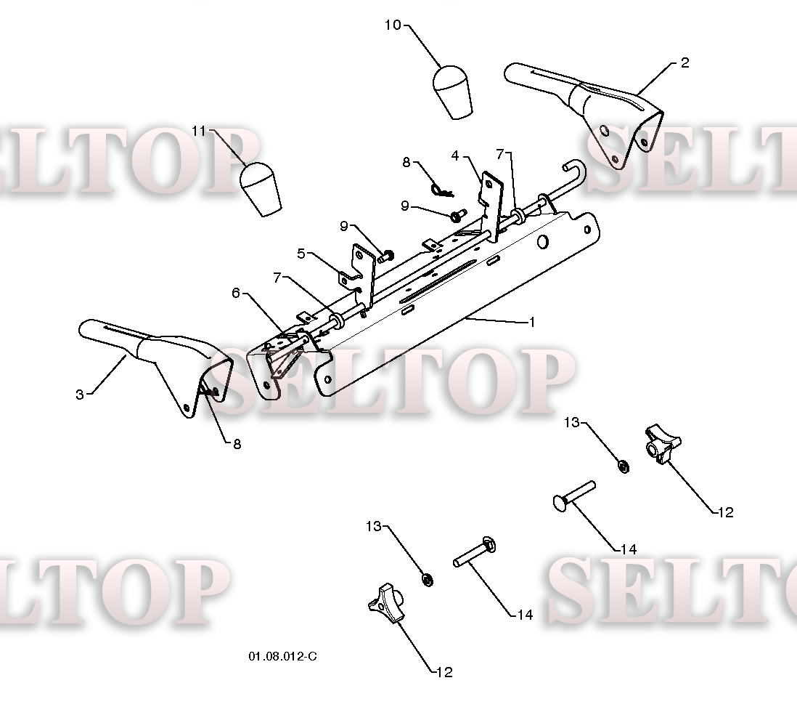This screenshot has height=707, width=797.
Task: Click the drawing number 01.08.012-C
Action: coord(282,656)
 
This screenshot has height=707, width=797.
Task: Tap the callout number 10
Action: coord(393,25)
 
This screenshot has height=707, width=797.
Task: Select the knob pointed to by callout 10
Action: coord(452,92)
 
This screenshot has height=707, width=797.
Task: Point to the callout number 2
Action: coord(684,62)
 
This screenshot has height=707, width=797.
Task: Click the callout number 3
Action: coord(79,395)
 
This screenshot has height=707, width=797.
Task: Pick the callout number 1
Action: coord(532,322)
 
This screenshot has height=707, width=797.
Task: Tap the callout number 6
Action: coord(235,293)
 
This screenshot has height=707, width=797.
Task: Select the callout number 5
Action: coord(301,253)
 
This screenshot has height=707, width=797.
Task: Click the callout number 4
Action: coord(455,155)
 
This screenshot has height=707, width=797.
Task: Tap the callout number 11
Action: coord(199,131)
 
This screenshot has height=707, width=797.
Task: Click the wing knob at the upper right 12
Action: coord(663,445)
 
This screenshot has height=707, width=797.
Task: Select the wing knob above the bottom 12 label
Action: coord(386,602)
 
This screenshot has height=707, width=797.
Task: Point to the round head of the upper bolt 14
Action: coord(560,502)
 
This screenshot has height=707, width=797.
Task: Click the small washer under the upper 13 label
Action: coord(624,465)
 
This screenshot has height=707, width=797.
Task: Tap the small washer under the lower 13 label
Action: coord(428,579)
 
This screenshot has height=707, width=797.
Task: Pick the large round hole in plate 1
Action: coord(543,242)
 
